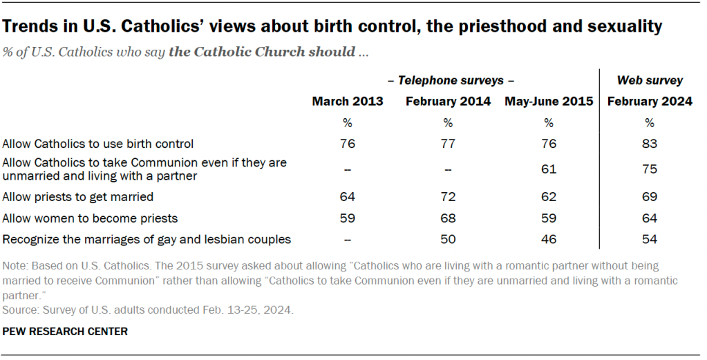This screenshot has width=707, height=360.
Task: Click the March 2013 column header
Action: [x=347, y=102]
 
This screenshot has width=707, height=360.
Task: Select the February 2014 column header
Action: [x=448, y=102]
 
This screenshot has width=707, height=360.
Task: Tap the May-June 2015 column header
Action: [x=549, y=102]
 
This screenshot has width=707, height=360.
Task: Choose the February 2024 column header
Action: [x=650, y=102]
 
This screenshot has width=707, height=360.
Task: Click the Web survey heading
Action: [x=650, y=81]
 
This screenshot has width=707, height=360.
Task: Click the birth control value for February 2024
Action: [x=650, y=144]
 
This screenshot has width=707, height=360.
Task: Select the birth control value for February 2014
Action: [x=448, y=144]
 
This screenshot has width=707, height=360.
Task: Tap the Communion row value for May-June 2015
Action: [x=549, y=169]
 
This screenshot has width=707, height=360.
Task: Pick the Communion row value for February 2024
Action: [x=650, y=169]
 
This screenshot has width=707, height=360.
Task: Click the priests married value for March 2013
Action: [x=347, y=197]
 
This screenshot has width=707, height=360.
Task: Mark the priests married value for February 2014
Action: [x=448, y=197]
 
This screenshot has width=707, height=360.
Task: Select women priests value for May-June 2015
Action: [x=549, y=218]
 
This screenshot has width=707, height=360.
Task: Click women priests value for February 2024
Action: [x=650, y=218]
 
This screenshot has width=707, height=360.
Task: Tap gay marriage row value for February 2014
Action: [x=448, y=240]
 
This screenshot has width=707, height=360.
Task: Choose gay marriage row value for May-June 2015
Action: [x=549, y=240]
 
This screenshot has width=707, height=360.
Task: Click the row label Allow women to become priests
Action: [x=91, y=218]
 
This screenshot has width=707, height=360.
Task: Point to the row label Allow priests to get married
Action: [x=78, y=197]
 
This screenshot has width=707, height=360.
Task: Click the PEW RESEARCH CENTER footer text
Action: [x=65, y=332]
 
